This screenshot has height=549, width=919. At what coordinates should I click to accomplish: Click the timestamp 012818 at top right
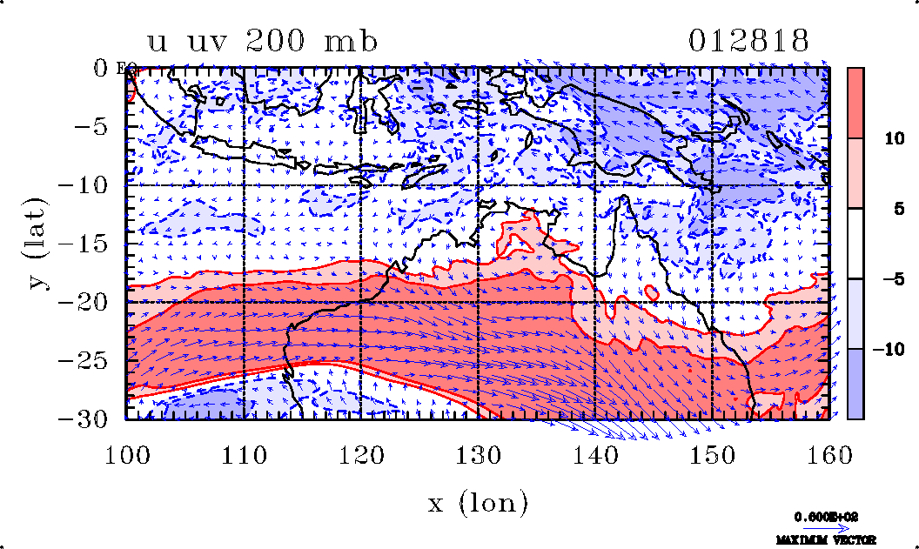tap(749, 42)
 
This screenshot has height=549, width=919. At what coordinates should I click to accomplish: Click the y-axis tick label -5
tap(97, 127)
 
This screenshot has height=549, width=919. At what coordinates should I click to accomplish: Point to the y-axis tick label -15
tap(89, 244)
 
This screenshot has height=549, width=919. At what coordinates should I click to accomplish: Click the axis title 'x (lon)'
tap(478, 502)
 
